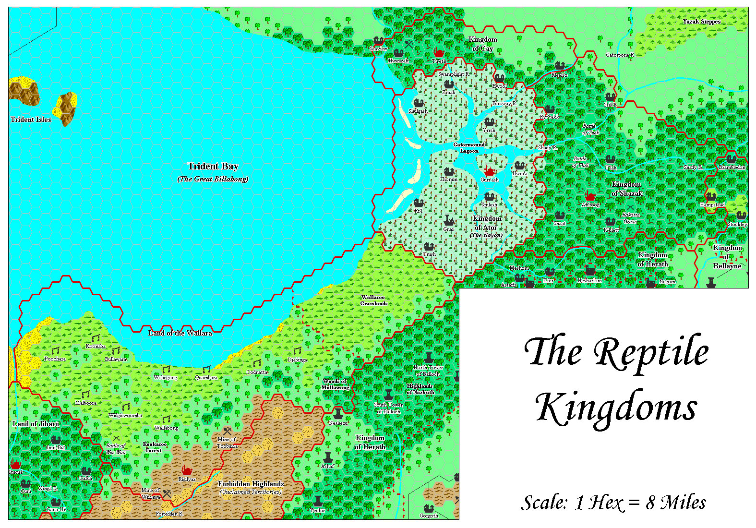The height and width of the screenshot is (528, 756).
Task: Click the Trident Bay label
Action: pyautogui.click(x=213, y=167)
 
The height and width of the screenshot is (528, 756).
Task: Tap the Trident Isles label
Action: pyautogui.click(x=31, y=120)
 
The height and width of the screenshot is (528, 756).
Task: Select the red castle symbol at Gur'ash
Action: pyautogui.click(x=489, y=171)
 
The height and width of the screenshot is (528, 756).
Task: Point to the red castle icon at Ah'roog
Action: pyautogui.click(x=590, y=196)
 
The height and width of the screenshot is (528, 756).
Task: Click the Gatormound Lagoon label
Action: pyautogui.click(x=469, y=148)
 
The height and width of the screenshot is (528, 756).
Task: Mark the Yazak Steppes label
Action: pyautogui.click(x=701, y=22)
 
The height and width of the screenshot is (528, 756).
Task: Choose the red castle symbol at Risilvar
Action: pyautogui.click(x=187, y=470)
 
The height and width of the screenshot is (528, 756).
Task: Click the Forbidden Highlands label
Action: pyautogui.click(x=251, y=484)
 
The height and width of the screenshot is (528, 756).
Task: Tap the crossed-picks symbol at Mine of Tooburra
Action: pyautogui.click(x=227, y=431)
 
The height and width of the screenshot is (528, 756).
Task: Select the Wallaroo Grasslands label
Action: pyautogui.click(x=373, y=300)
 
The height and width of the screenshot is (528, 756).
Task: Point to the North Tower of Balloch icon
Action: pyautogui.click(x=429, y=358)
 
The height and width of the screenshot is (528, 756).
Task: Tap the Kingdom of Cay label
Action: pyautogui.click(x=482, y=44)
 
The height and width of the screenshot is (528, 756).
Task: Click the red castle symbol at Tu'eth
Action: pyautogui.click(x=439, y=52)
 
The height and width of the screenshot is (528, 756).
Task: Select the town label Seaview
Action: pyautogui.click(x=378, y=49)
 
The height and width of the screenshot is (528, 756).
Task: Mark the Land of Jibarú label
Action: pyautogui.click(x=36, y=424)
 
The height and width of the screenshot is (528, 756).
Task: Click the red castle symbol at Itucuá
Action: pyautogui.click(x=15, y=464)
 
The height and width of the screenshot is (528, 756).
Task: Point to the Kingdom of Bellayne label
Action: pyautogui.click(x=727, y=257)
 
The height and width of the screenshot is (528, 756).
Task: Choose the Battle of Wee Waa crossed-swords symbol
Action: pyautogui.click(x=116, y=438)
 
